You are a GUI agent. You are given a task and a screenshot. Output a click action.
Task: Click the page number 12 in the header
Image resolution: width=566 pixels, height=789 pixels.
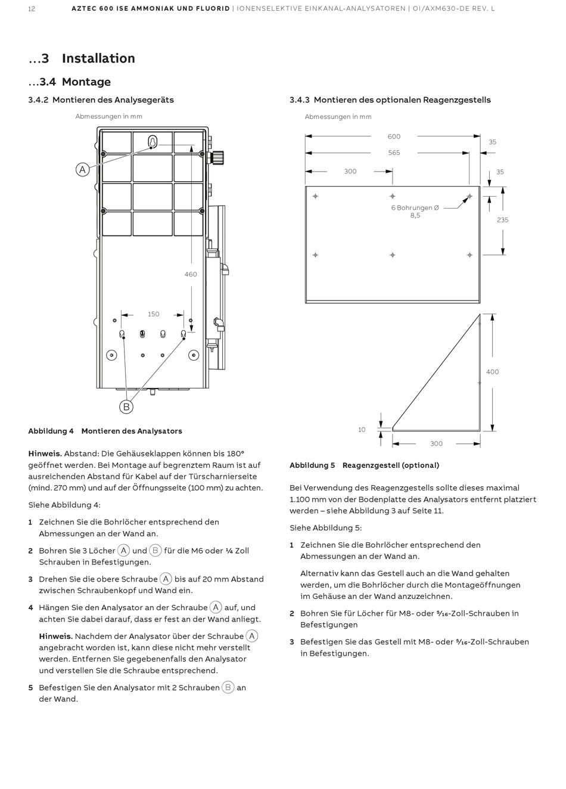[x=32, y=9]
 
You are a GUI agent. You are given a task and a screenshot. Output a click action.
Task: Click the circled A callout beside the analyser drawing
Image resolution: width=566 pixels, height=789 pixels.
[x=82, y=169]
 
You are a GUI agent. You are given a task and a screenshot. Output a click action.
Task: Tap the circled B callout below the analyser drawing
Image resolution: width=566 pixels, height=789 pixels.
[x=126, y=407]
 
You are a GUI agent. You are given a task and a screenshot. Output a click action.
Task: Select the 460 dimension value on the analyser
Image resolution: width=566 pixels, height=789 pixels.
[x=191, y=274]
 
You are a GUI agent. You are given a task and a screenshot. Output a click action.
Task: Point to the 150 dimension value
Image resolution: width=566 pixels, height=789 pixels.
[x=153, y=314]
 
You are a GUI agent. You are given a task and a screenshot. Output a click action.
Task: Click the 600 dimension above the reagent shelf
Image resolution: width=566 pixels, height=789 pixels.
[x=394, y=136]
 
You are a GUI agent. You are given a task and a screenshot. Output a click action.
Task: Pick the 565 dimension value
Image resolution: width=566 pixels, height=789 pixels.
[x=394, y=153]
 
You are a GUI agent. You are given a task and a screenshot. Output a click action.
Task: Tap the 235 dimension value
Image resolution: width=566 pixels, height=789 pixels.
[x=502, y=220]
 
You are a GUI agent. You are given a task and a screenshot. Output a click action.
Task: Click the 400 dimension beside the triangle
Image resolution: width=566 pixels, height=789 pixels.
[x=492, y=372]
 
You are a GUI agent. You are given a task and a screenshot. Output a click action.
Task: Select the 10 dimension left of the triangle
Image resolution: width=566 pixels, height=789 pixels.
[x=362, y=430]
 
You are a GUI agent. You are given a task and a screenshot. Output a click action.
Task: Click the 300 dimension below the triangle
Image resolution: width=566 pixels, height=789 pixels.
[x=436, y=443]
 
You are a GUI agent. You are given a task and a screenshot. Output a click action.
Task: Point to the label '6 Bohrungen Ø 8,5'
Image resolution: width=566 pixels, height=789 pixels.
[x=415, y=212]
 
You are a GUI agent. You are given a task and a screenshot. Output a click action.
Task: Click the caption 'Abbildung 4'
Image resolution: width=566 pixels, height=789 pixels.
[x=51, y=431]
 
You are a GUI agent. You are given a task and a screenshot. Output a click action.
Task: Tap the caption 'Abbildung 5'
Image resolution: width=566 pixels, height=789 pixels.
[x=312, y=465]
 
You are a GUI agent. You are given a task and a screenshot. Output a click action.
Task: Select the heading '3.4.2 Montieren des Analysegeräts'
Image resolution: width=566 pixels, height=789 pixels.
[x=101, y=100]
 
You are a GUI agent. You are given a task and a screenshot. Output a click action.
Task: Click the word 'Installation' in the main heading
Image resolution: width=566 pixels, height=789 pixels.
[x=98, y=58]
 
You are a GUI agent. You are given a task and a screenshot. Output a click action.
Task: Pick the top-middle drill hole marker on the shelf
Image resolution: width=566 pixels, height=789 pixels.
[x=393, y=196]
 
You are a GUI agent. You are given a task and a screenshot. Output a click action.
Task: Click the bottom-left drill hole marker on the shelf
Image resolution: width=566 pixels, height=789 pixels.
[x=315, y=255]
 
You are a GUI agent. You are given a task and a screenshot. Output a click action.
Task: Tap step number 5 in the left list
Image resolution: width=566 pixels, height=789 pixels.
[x=30, y=688]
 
